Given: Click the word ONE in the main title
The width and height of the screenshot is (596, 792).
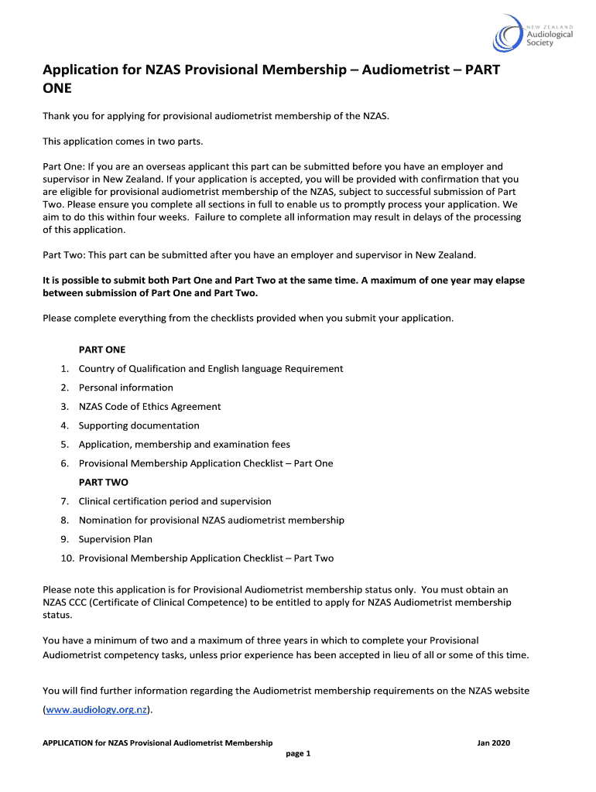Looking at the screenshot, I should [57, 88].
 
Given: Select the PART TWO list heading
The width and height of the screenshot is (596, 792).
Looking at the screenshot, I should [104, 482].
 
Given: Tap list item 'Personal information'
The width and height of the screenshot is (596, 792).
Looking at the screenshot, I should [126, 387].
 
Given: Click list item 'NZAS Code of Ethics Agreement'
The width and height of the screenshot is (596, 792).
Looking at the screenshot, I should [149, 407].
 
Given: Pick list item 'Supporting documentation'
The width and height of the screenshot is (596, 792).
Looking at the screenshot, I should [139, 425].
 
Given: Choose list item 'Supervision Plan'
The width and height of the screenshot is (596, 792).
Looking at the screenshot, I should [115, 539].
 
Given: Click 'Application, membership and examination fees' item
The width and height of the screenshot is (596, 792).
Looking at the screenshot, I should [184, 445].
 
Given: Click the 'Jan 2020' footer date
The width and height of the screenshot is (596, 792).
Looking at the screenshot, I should [494, 743].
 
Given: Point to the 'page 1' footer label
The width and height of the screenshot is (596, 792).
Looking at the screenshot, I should [298, 754].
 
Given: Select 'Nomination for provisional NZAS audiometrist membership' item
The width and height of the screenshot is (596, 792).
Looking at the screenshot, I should [211, 521].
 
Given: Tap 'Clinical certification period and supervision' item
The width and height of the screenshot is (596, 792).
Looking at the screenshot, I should [175, 501].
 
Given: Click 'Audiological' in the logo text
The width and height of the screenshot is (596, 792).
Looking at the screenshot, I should [550, 34].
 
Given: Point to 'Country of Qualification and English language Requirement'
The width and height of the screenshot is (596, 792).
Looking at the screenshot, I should [211, 369].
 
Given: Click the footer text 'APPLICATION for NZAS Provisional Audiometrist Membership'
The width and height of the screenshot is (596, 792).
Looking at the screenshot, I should [157, 743].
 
